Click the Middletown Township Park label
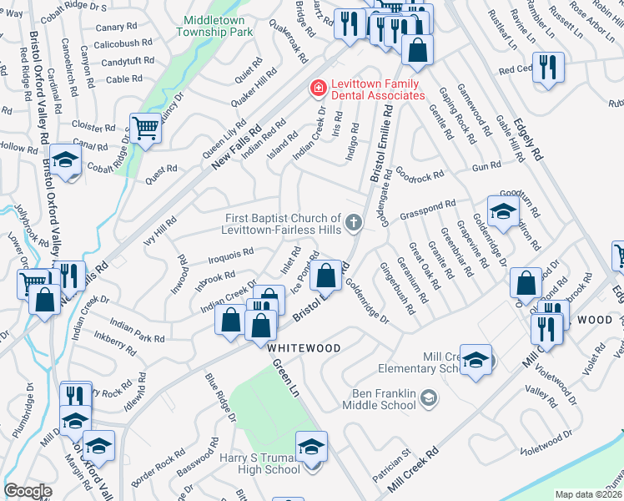[x=214, y=24]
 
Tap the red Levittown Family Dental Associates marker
[x=318, y=88]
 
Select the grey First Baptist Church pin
[x=355, y=221]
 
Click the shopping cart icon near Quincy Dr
[x=145, y=129]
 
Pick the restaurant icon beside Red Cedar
[x=548, y=67]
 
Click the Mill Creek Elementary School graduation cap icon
[x=476, y=360]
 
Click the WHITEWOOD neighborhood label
[x=304, y=347]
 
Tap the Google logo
[x=28, y=491]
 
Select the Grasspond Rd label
[x=428, y=208]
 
